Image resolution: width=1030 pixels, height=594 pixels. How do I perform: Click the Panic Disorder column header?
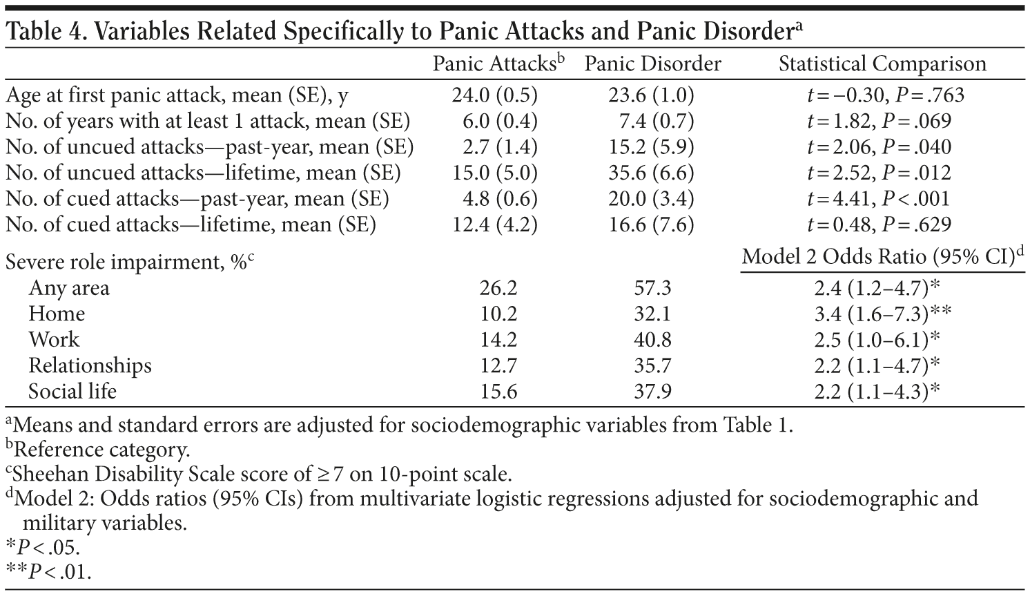coord(652,64)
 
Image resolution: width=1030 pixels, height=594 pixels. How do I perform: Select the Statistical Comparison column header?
coord(882,64)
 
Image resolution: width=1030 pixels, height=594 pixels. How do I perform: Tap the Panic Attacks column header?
coord(498,64)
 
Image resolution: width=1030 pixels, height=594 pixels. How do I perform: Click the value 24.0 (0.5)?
coord(494,95)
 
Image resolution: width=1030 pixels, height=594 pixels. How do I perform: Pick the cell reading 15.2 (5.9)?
coord(651,146)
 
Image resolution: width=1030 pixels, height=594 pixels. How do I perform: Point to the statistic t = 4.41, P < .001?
coord(878,199)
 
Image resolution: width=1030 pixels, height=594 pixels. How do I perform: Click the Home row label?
coord(57,314)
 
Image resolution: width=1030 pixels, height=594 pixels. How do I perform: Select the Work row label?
coord(54,340)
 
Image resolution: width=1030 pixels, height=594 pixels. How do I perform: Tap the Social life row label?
coord(72,392)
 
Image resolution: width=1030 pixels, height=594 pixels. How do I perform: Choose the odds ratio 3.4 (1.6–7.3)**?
coord(882,314)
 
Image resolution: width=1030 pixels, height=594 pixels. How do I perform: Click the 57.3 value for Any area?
coord(652,287)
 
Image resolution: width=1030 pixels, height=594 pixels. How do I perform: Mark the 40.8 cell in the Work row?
coord(652,340)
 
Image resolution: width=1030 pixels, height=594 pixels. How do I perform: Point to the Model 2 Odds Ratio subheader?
coord(882,257)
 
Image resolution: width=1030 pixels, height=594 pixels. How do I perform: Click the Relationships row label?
coord(90,365)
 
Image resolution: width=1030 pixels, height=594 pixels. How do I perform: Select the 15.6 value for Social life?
coord(498,392)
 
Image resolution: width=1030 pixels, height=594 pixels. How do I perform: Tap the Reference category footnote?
coord(98,450)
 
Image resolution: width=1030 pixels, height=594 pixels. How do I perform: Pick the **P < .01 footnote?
coord(48,572)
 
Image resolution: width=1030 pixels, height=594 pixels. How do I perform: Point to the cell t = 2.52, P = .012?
coord(878,173)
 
